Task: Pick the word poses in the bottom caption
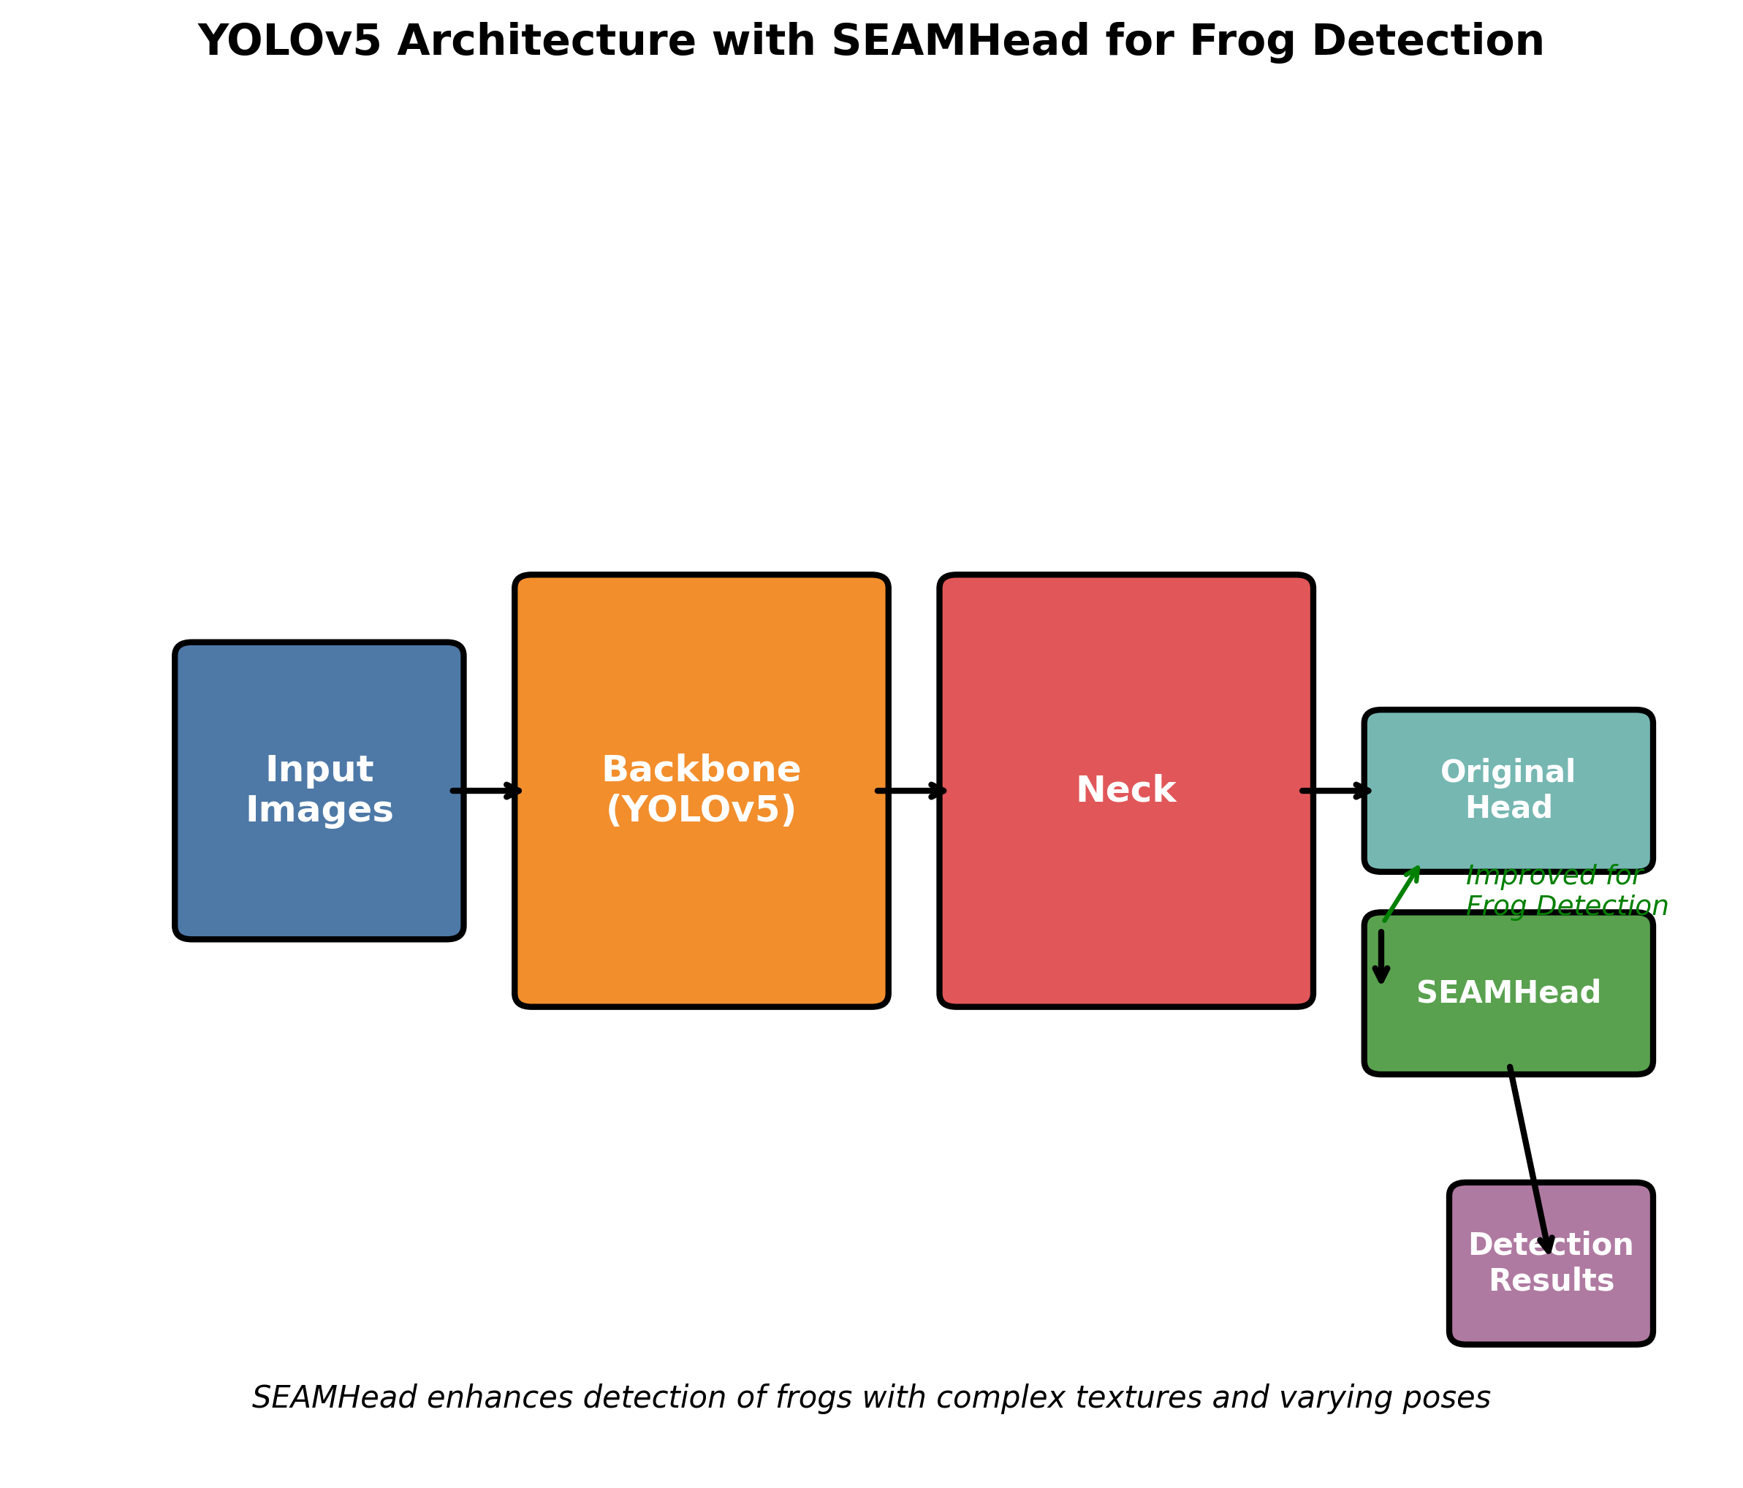[1449, 1397]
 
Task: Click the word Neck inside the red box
[1125, 791]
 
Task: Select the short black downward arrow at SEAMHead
[1381, 957]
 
